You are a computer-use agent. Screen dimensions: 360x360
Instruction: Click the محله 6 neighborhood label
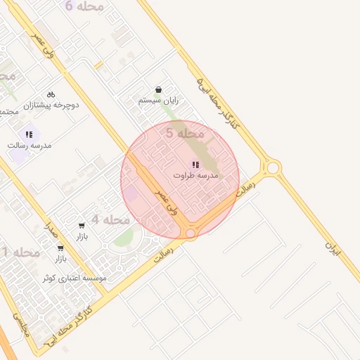(84, 6)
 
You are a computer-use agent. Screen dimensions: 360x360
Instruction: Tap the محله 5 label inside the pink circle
(185, 132)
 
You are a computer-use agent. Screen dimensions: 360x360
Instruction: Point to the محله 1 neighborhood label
(20, 252)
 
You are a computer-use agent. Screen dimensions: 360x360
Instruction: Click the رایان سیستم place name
(158, 101)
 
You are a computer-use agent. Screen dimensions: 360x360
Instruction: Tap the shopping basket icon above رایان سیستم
(158, 90)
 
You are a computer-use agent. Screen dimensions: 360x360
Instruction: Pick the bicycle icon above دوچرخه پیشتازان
(51, 94)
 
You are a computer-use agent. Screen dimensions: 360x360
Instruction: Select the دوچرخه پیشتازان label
(53, 105)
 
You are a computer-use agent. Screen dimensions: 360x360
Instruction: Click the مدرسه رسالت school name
(30, 145)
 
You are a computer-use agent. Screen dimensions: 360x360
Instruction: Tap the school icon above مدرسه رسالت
(29, 134)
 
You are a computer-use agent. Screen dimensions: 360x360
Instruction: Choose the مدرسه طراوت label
(195, 174)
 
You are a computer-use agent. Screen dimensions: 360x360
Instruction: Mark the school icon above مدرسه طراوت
(195, 163)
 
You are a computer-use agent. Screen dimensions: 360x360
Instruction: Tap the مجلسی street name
(19, 323)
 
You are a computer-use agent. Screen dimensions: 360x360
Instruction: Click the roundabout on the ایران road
(273, 168)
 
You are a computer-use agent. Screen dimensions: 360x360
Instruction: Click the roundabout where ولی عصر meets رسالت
(190, 232)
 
